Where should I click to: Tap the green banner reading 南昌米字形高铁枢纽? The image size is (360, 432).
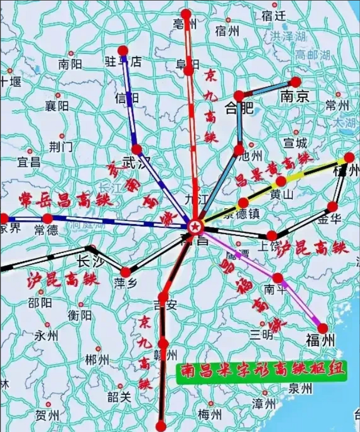[262, 373]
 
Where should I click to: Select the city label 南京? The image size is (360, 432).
[295, 98]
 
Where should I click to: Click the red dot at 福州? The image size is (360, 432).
[323, 328]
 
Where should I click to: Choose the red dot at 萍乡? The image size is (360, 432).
[126, 272]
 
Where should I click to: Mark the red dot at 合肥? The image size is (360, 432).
[239, 96]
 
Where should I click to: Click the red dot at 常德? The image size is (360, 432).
[48, 218]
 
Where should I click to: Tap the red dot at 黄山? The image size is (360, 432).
[281, 182]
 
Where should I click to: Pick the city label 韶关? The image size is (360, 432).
[119, 397]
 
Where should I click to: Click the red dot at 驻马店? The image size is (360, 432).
[123, 51]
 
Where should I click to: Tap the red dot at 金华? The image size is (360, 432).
[333, 207]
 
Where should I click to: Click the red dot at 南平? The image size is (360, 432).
[278, 278]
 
